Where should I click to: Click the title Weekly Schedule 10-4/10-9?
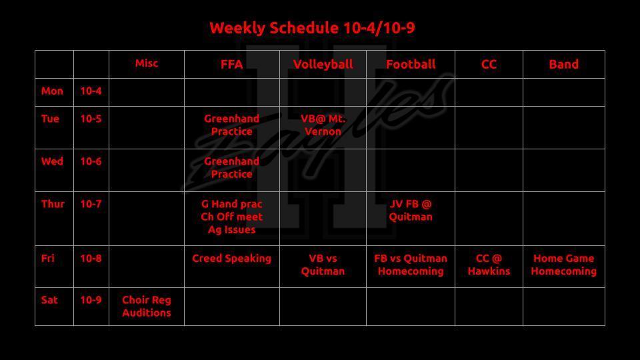coord(312,28)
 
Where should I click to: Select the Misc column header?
coord(147,63)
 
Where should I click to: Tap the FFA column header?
coord(231,65)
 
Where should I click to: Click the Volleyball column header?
coord(323,65)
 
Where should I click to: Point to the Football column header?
coord(411,65)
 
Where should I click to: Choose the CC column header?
coord(489,65)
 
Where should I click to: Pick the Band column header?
coord(564,65)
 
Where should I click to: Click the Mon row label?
coord(52,91)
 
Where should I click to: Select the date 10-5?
coord(91,119)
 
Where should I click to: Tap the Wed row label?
coord(52,161)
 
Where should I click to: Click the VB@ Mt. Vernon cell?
coord(323,125)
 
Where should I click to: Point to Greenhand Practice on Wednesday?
coord(231,168)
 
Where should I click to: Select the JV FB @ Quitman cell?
coord(411,210)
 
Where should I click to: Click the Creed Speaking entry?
coord(231,259)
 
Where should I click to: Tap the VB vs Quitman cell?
coord(323,265)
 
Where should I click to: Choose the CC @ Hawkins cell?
coord(489,265)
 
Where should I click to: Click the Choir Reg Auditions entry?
coord(147,307)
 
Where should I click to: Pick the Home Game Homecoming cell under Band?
coord(564,265)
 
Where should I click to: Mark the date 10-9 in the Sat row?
coord(91,300)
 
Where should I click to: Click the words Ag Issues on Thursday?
coord(231,230)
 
